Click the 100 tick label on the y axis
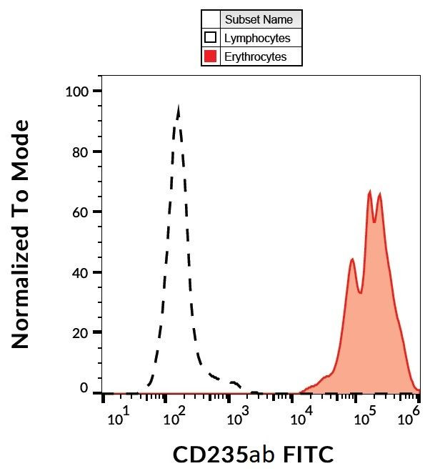point(77,91)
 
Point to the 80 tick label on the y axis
point(81,152)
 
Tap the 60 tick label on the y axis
point(81,212)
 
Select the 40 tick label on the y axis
point(81,272)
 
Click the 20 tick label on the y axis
point(81,332)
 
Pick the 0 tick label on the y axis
point(84,388)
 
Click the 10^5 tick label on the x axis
point(363,414)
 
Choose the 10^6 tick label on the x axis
point(407,414)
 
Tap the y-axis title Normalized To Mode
point(21,234)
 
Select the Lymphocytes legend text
point(257,38)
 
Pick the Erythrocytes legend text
point(255,56)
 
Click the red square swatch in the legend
point(211,56)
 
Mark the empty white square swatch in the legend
point(211,38)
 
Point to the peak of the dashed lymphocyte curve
point(178,108)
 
